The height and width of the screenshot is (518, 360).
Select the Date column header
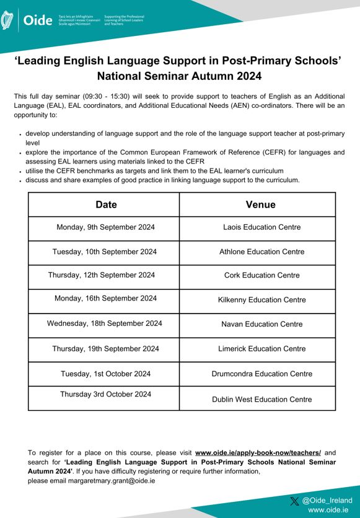106,204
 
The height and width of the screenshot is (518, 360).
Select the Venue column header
260,204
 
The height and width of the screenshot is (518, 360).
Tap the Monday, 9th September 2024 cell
105,227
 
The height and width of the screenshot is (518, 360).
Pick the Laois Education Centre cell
261,227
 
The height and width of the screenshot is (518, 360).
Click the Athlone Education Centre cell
261,252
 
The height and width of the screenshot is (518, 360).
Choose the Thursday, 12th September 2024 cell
102,275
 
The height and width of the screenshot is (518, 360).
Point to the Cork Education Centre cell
261,276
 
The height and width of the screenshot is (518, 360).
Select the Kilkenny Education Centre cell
261,300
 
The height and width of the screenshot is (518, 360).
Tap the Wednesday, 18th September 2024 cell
105,323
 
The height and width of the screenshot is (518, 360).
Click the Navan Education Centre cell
261,324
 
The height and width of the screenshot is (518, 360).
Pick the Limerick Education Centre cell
261,349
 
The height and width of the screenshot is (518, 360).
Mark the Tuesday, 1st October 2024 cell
105,374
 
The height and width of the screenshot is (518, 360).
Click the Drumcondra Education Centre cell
261,374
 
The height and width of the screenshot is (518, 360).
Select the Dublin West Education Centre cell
261,400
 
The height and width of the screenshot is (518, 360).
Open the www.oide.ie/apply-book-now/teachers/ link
258,453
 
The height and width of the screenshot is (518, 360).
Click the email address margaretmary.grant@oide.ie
106,480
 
